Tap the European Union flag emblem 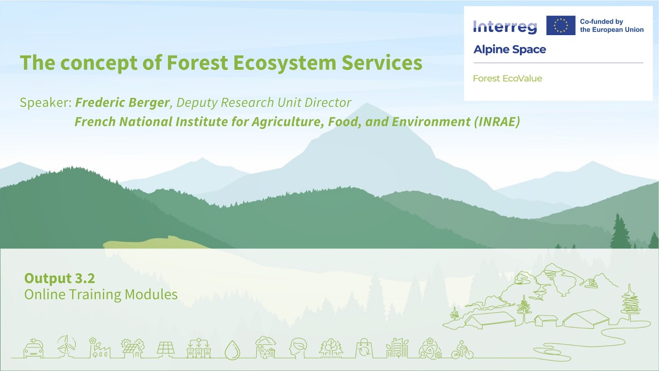561,25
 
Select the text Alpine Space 509,49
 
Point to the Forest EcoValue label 507,78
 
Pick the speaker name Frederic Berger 122,103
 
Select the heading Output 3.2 60,278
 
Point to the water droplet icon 232,349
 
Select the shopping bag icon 363,348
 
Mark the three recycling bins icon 199,348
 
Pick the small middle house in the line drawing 546,320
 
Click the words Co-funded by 601,22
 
